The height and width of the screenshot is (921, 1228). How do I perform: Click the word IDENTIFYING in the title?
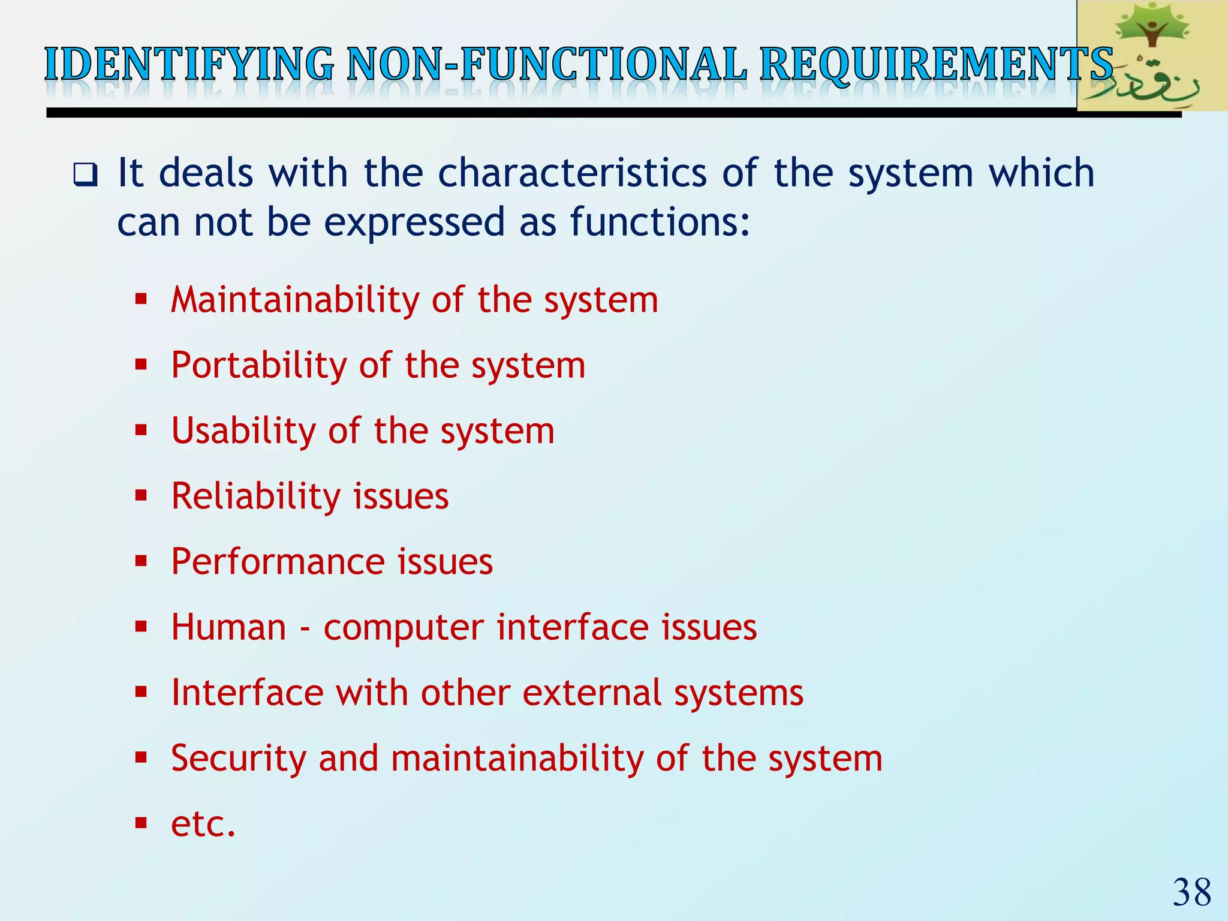[x=189, y=65]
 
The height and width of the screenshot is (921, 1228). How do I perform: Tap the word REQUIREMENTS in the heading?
[x=935, y=65]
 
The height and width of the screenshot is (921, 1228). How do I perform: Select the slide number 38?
[x=1192, y=893]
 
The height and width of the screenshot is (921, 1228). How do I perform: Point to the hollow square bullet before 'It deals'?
[x=85, y=174]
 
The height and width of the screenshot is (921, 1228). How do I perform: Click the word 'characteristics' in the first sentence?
[x=572, y=173]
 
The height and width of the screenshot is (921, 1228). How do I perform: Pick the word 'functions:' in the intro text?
[x=660, y=222]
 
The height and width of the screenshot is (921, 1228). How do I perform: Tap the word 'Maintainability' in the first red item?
[x=295, y=300]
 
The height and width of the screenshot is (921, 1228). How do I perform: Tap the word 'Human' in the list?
[x=228, y=627]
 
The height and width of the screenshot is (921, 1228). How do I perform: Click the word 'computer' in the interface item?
[x=403, y=628]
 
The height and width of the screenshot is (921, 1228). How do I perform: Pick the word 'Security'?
[x=237, y=759]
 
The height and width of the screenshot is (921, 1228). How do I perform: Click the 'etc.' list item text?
[x=203, y=824]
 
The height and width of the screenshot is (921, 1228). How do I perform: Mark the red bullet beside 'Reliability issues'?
[x=141, y=496]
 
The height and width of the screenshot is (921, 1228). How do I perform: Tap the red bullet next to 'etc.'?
[x=141, y=823]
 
